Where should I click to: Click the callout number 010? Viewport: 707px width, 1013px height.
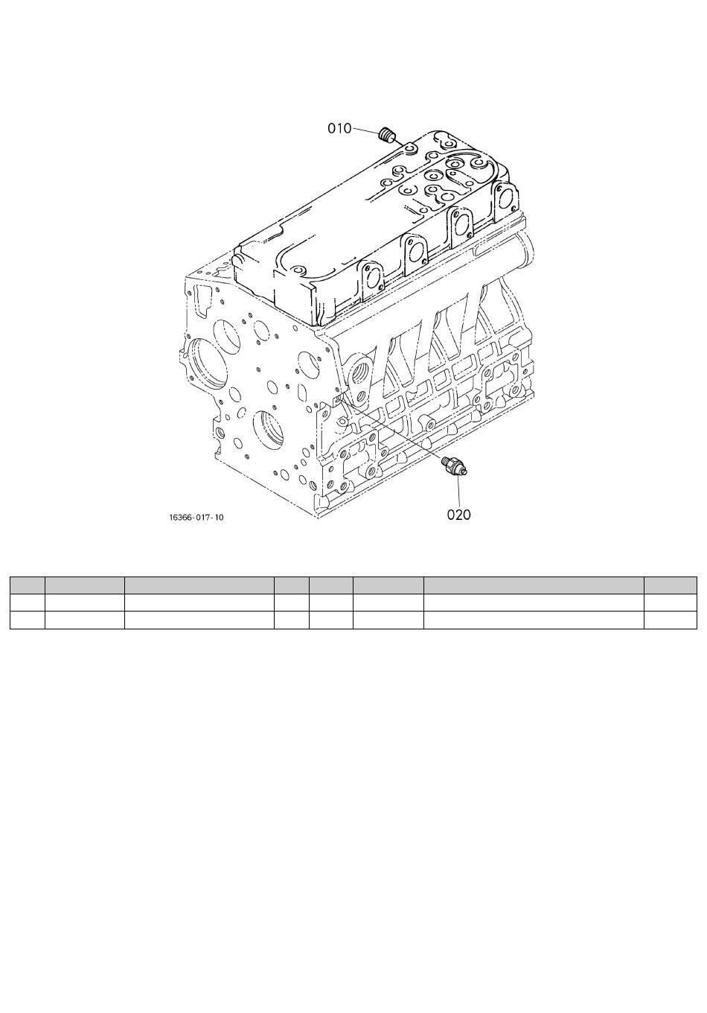(x=339, y=129)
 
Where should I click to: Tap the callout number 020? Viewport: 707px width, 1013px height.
(x=458, y=515)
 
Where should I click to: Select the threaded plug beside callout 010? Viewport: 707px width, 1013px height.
(x=386, y=134)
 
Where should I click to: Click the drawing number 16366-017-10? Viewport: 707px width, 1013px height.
(x=196, y=518)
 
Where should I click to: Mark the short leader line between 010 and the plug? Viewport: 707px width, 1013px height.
(x=364, y=130)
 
